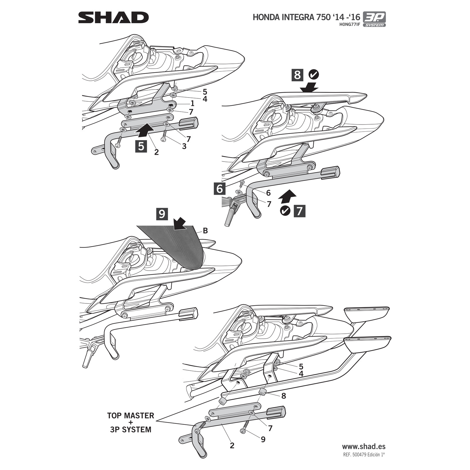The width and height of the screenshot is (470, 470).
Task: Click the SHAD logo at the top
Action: [x=113, y=18]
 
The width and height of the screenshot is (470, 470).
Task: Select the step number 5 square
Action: [x=141, y=146]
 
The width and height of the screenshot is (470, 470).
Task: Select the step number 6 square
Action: [x=220, y=189]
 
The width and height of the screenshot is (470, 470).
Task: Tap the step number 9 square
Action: [x=162, y=214]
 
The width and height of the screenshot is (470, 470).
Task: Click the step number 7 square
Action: [x=299, y=211]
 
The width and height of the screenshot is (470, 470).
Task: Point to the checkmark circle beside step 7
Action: [x=285, y=211]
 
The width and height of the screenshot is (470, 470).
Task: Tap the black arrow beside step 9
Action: [x=180, y=224]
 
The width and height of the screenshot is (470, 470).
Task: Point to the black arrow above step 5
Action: [x=146, y=130]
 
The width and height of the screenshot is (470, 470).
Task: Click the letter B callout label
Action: [x=205, y=231]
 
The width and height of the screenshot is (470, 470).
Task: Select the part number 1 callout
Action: [x=192, y=103]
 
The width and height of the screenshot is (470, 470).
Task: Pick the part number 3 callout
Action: [x=184, y=146]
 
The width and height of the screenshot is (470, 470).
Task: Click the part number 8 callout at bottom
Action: [x=283, y=396]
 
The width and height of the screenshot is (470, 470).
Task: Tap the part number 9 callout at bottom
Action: [x=263, y=439]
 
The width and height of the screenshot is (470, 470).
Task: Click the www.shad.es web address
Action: [x=364, y=446]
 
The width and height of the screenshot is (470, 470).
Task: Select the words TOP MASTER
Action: [x=130, y=416]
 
